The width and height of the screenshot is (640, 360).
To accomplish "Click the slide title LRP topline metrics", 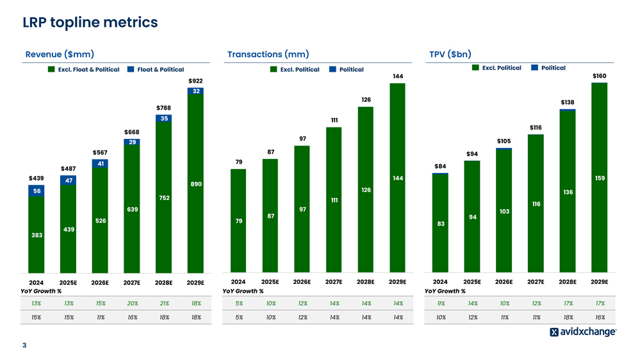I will click(x=90, y=22).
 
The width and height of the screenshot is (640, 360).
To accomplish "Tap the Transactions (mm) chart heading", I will click(x=268, y=54).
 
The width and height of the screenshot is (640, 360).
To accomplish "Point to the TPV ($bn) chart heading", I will click(x=450, y=54).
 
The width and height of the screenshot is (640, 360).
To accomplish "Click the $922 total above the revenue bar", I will click(x=195, y=81).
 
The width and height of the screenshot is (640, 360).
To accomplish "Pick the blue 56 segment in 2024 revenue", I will click(x=37, y=191).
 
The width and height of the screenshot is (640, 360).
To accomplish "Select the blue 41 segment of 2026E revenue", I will click(x=100, y=164).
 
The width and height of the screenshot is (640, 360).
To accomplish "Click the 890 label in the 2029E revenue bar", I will click(x=196, y=184).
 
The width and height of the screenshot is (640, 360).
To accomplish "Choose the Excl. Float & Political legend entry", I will click(x=84, y=70).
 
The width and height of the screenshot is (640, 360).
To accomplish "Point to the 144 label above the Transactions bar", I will click(x=397, y=76).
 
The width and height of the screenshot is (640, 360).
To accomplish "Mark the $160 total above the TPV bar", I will click(x=600, y=76).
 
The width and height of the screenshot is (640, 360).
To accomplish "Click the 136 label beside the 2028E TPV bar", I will click(x=568, y=192).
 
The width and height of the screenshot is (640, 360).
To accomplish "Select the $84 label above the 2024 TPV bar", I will click(x=440, y=167).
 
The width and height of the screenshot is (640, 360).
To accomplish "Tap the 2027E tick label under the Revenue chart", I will click(x=131, y=282).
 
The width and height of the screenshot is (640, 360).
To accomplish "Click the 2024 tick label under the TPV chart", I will click(x=440, y=281).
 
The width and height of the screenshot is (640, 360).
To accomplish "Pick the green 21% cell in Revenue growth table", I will click(x=163, y=304).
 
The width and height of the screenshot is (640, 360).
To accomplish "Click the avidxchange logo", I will click(x=583, y=332).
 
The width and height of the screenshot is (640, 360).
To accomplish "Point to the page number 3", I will click(x=24, y=347).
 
